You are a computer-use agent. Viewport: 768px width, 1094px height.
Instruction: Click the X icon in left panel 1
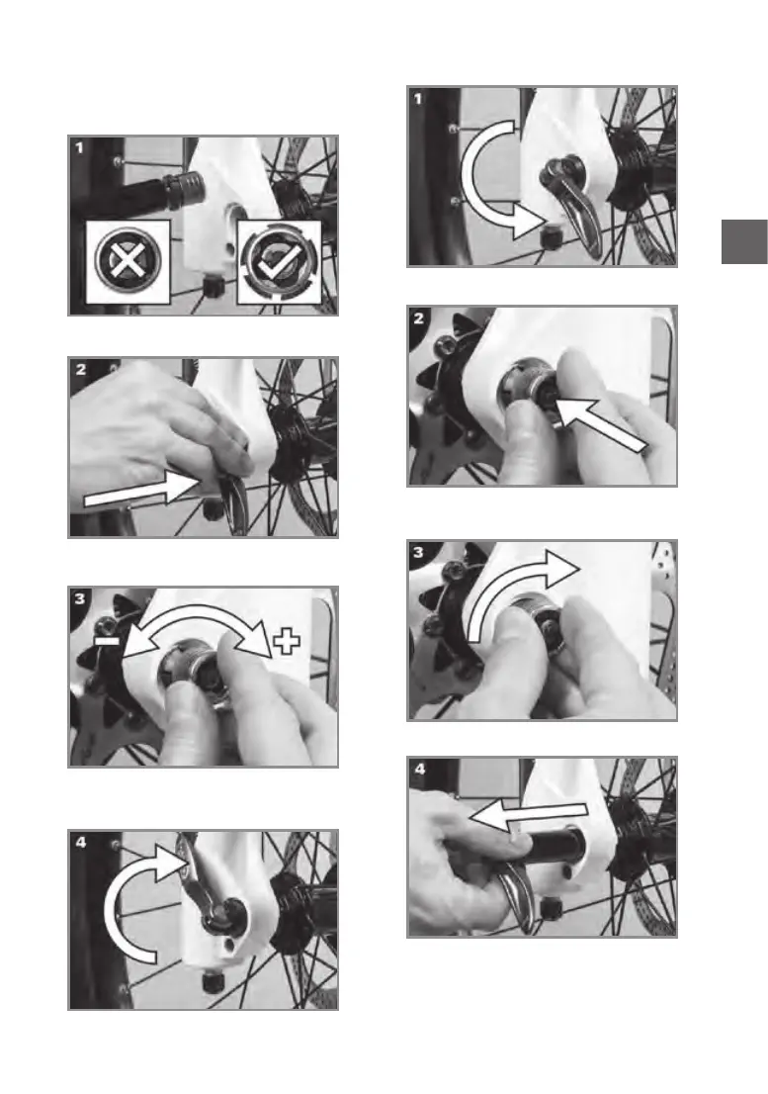coord(128,262)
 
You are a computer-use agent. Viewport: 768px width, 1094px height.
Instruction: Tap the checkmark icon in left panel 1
coord(279,262)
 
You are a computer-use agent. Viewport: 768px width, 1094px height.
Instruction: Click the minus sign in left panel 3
coord(107,638)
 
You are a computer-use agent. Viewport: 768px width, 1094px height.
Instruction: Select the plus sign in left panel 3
coord(287,641)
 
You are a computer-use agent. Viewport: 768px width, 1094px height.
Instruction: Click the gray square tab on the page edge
coord(744,241)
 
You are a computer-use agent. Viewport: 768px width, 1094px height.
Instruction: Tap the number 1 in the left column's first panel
coord(79,147)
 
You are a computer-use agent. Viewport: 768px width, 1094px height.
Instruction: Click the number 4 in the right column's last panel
coord(419,769)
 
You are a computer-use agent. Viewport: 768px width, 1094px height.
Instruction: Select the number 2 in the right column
coord(418,319)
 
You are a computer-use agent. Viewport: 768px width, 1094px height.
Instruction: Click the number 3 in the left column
coord(79,598)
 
